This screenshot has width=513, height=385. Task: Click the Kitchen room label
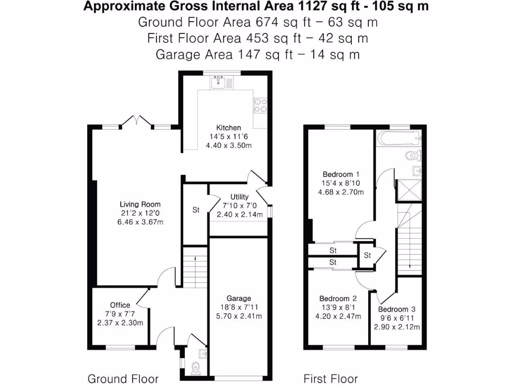pyautogui.click(x=228, y=128)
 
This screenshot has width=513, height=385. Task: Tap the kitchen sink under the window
pyautogui.click(x=218, y=82)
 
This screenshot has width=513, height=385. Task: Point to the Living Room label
pyautogui.click(x=140, y=204)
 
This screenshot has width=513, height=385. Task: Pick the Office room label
pyautogui.click(x=120, y=305)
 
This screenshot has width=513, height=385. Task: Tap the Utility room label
pyautogui.click(x=239, y=197)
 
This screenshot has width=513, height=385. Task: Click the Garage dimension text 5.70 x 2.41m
pyautogui.click(x=238, y=316)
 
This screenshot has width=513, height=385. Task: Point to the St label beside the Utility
pyautogui.click(x=196, y=210)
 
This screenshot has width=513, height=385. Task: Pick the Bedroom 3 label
pyautogui.click(x=397, y=309)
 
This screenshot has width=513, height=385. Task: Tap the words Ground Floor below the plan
pyautogui.click(x=123, y=378)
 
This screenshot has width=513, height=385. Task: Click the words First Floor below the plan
pyautogui.click(x=331, y=378)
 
